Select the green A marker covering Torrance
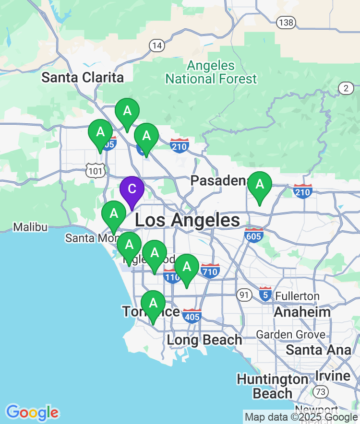153,304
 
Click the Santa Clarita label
83,77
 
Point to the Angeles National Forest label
211,72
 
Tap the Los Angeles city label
187,221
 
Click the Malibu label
30,227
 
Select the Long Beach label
204,340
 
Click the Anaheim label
302,312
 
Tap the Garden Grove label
290,334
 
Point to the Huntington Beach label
272,386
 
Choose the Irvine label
333,376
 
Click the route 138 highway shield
286,22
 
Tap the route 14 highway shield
157,46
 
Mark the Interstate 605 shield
253,235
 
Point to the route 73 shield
322,392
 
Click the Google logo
32,412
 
